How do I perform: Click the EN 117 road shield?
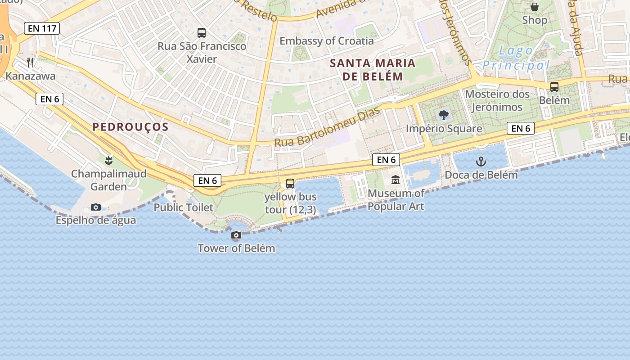coord(42,28)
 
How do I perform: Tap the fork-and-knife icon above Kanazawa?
coord(30,62)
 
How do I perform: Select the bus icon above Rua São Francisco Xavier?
coord(202,32)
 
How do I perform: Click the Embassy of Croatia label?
coord(326,41)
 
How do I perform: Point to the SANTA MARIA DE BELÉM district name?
coord(373,69)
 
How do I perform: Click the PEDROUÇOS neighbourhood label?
coord(130,127)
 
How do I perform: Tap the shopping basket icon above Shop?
coord(535,7)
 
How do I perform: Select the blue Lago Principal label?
coord(516,58)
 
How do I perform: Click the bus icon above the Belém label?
coord(554,87)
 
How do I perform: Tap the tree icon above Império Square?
coord(444,115)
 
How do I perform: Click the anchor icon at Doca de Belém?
coord(481,161)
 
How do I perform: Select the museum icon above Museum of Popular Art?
coord(396,180)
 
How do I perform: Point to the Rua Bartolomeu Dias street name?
coord(327,127)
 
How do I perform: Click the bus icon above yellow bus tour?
coord(290,183)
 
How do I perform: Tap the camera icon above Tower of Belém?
coord(236,235)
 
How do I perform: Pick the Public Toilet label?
coord(183,207)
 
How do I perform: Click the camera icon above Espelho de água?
coord(95,207)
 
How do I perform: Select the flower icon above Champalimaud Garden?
coord(108,160)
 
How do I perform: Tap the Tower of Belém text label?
coord(236,248)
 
